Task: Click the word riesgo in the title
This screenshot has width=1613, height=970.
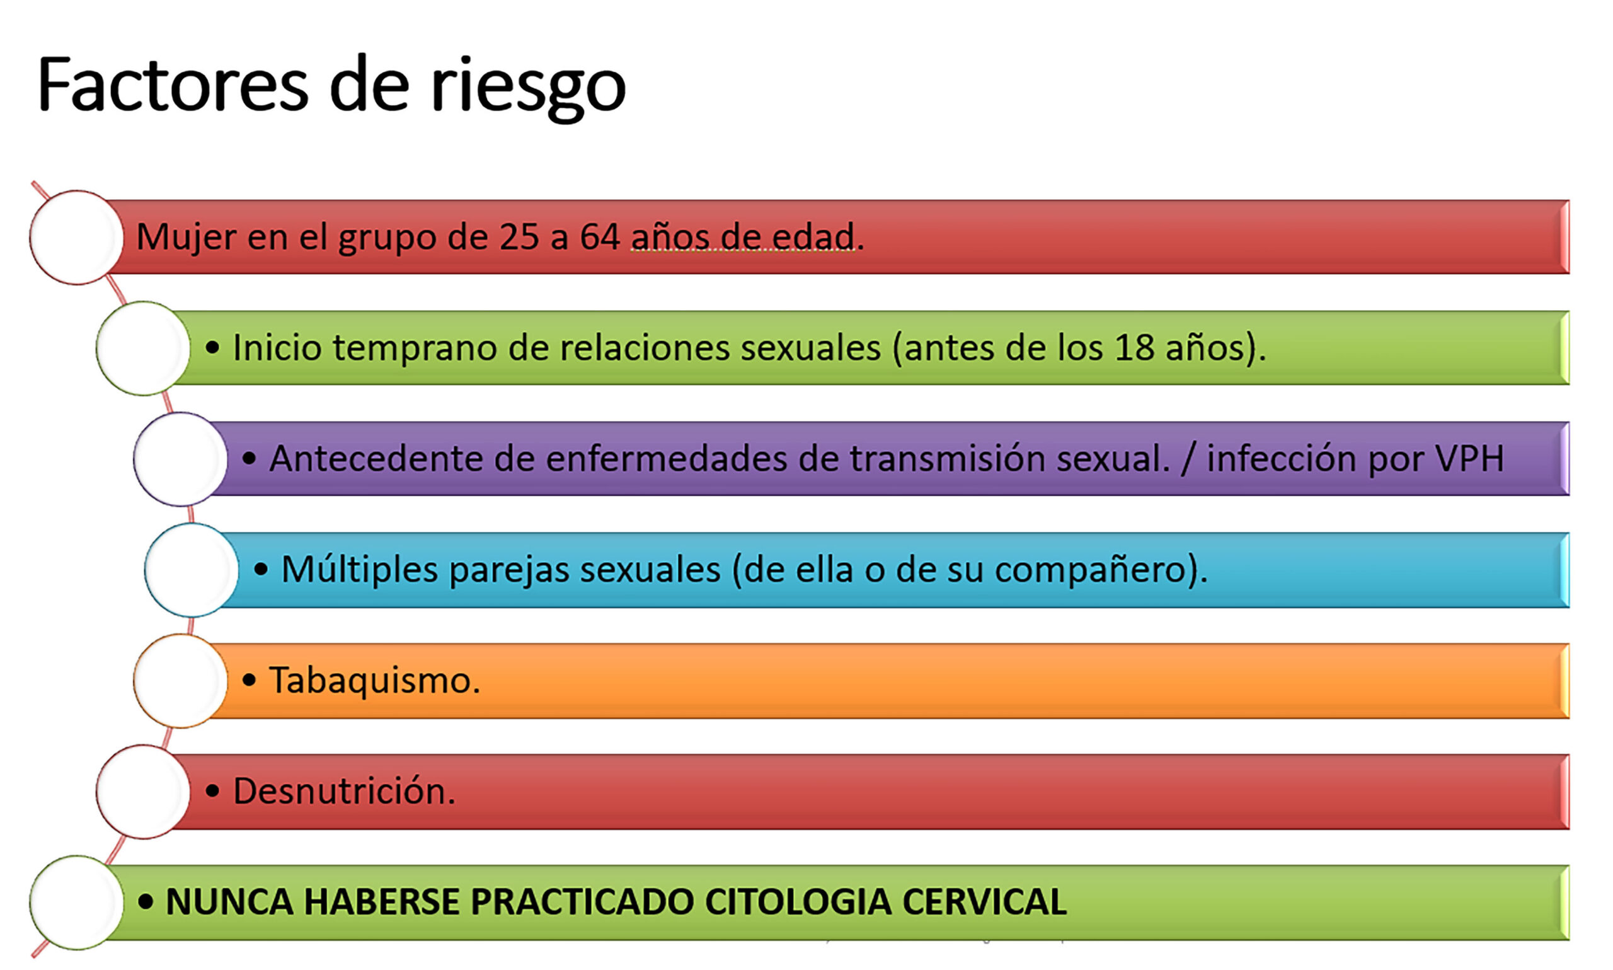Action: [x=528, y=88]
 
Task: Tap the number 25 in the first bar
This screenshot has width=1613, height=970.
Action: [x=519, y=236]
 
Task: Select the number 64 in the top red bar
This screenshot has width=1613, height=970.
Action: [x=600, y=236]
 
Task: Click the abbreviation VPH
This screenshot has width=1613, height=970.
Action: [x=1469, y=458]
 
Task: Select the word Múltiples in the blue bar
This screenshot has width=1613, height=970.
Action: [x=359, y=570]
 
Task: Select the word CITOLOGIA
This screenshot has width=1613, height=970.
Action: [x=798, y=902]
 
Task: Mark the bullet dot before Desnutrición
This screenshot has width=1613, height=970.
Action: [x=212, y=792]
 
